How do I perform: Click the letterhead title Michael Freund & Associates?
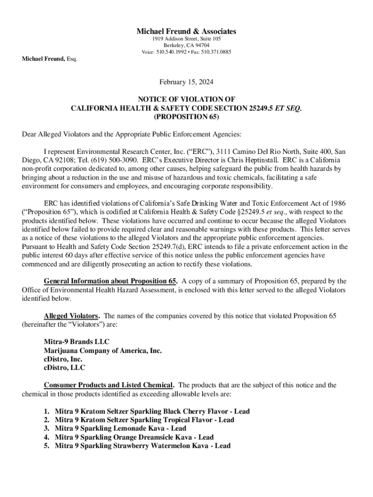pyautogui.click(x=186, y=32)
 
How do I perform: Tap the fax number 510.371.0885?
pyautogui.click(x=216, y=52)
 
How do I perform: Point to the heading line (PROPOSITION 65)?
pyautogui.click(x=186, y=117)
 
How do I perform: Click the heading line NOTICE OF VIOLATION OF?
pyautogui.click(x=186, y=99)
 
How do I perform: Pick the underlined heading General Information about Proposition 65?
pyautogui.click(x=111, y=281)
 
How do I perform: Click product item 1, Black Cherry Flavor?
pyautogui.click(x=152, y=412)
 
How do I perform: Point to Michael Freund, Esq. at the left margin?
pyautogui.click(x=49, y=59)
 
